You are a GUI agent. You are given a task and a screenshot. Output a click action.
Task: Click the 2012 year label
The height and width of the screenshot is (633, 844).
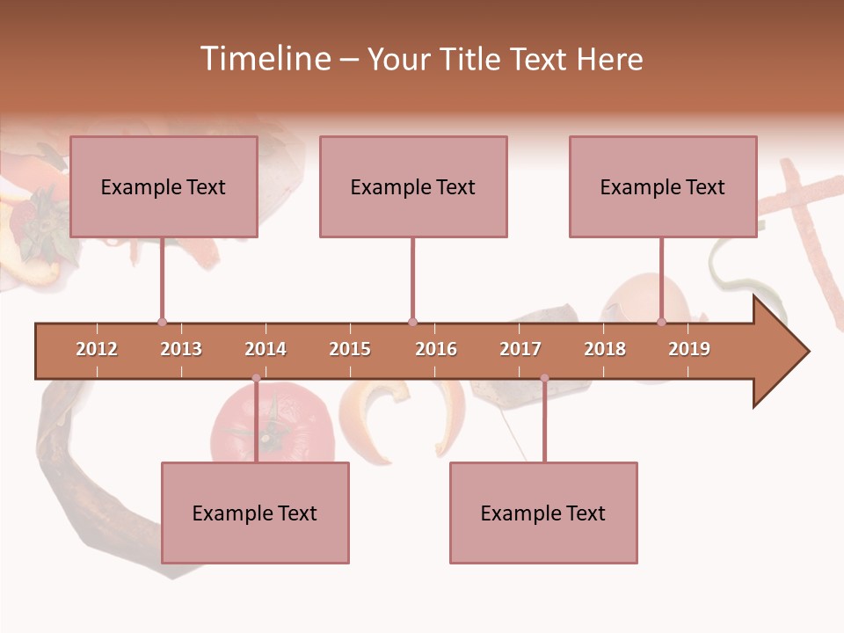[x=97, y=349]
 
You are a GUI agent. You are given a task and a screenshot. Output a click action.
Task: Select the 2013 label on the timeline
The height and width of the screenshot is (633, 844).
[x=181, y=349]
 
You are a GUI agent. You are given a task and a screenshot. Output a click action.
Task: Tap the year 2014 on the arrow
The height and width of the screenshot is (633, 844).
[x=266, y=349]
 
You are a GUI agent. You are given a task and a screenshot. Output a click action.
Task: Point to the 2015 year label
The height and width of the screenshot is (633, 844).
[x=350, y=349]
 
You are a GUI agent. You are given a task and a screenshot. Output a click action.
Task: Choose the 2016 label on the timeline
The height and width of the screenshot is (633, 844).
[x=436, y=349]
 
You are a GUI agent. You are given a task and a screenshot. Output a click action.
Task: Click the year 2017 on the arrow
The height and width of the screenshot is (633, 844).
[x=520, y=349]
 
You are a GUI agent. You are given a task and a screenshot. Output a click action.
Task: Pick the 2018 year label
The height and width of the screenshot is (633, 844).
[x=605, y=349]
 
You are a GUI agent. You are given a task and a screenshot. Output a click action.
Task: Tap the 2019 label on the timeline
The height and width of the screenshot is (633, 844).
[x=689, y=349]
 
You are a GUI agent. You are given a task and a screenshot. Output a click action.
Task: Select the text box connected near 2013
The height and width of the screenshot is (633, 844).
[x=164, y=186]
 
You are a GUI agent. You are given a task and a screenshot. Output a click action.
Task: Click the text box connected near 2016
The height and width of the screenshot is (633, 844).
[x=413, y=186]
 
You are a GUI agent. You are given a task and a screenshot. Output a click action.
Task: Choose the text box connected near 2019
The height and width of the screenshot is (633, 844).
[x=663, y=186]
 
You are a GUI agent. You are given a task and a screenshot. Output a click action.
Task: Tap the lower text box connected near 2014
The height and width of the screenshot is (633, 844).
[x=255, y=513]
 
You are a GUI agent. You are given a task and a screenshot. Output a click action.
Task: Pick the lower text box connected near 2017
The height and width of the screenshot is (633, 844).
[x=543, y=513]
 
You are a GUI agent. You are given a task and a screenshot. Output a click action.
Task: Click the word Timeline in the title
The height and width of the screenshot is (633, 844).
[x=264, y=59]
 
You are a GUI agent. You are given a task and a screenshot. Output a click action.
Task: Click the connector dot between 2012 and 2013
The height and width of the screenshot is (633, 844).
[x=162, y=322]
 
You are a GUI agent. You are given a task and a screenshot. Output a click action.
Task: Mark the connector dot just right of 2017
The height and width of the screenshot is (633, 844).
[x=544, y=378]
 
